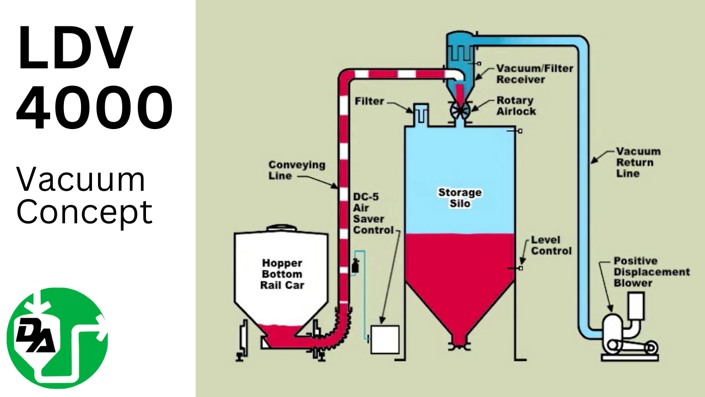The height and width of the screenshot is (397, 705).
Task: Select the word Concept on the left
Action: click(84, 212)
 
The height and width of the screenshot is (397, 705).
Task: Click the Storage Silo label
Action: click(460, 198)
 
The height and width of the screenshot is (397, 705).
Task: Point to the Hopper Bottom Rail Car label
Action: click(281, 274)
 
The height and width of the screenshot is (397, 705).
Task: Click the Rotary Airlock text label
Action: click(515, 106)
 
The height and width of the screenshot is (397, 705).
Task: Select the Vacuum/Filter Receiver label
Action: click(534, 74)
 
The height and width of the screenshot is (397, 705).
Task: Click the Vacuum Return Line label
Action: click(638, 162)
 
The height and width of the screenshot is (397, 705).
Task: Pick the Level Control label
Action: click(551, 245)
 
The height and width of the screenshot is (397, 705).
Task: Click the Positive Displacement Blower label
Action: click(651, 272)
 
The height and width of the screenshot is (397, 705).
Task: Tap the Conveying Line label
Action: click(296, 170)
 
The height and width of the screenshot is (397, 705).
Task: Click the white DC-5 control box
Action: click(385, 339)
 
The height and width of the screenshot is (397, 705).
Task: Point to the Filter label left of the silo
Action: click(369, 101)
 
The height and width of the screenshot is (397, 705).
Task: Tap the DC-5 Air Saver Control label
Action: click(373, 213)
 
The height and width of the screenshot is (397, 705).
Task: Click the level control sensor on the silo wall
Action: click(519, 268)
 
